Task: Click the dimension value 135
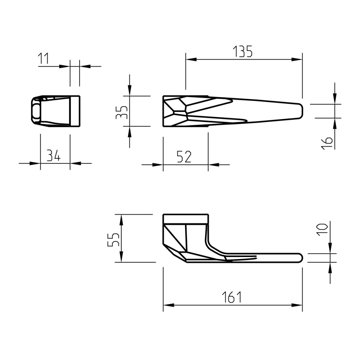point(243,52)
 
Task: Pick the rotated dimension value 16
point(327,143)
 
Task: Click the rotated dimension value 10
point(322,229)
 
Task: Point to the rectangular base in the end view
point(75,111)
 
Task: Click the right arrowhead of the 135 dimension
point(298,59)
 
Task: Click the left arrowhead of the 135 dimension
point(190,59)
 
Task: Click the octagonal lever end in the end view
point(36,110)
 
